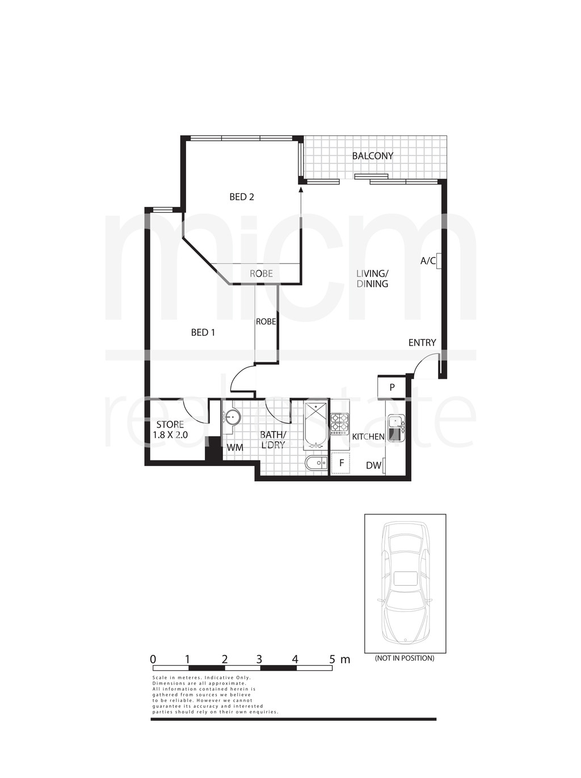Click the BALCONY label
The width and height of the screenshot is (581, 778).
pyautogui.click(x=372, y=156)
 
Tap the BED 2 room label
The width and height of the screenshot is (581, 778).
pyautogui.click(x=242, y=197)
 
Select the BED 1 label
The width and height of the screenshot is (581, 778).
pyautogui.click(x=203, y=332)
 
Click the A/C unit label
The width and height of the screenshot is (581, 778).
pyautogui.click(x=427, y=261)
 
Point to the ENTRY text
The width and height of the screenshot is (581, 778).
pyautogui.click(x=422, y=343)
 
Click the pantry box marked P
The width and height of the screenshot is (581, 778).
pyautogui.click(x=391, y=387)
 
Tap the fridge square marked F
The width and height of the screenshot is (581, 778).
pyautogui.click(x=340, y=463)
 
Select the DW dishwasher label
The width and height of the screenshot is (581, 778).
pyautogui.click(x=373, y=466)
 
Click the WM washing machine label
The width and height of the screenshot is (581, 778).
pyautogui.click(x=235, y=447)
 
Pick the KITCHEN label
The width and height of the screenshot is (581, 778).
pyautogui.click(x=368, y=437)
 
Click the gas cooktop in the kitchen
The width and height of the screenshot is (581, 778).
pyautogui.click(x=340, y=424)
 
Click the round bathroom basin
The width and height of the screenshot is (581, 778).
pyautogui.click(x=231, y=417)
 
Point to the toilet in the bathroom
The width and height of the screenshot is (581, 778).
pyautogui.click(x=317, y=463)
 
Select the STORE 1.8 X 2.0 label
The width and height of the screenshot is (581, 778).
pyautogui.click(x=170, y=430)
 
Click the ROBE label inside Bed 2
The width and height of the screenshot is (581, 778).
pyautogui.click(x=261, y=274)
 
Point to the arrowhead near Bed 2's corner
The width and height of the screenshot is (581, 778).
pyautogui.click(x=301, y=191)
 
